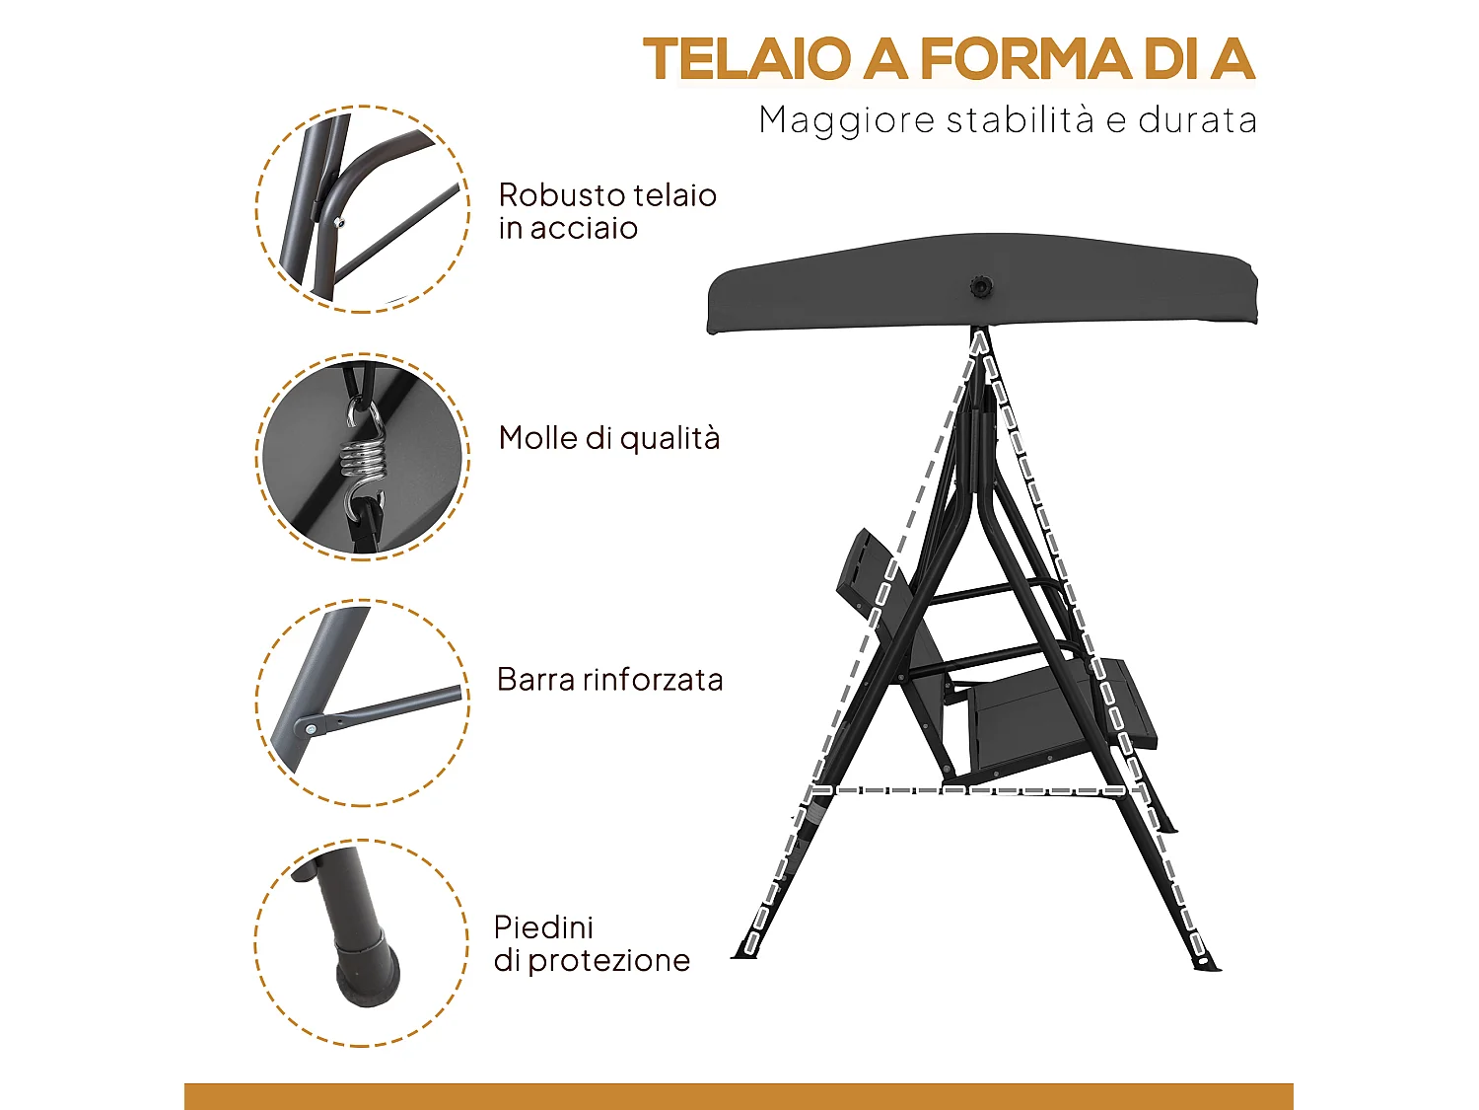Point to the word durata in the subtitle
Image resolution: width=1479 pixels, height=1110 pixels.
[1197, 120]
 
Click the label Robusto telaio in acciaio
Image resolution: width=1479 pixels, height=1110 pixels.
[606, 211]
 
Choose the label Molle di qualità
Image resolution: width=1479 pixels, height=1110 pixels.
[609, 438]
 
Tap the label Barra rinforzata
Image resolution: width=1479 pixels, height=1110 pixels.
[609, 680]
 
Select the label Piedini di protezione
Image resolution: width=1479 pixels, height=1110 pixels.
[592, 944]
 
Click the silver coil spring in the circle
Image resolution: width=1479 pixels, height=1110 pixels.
[362, 456]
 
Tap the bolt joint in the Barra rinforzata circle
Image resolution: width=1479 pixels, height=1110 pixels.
[312, 728]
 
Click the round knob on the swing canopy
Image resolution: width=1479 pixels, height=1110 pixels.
[980, 287]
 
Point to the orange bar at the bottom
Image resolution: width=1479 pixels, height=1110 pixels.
[739, 1095]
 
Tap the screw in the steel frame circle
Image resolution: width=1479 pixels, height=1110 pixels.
[339, 222]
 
